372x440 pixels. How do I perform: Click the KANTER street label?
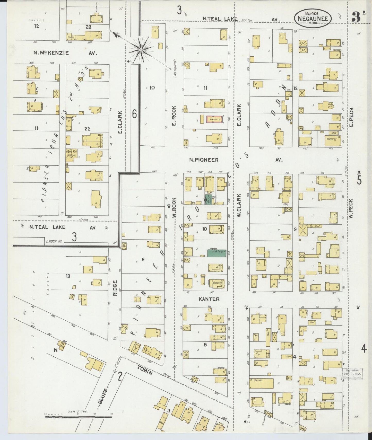click(x=209, y=299)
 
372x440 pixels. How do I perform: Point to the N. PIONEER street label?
click(x=204, y=160)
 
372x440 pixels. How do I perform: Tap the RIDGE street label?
click(x=115, y=288)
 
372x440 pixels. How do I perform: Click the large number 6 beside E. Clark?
click(x=134, y=114)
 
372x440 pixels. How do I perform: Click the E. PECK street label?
click(x=352, y=117)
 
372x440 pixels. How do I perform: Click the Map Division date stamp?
click(x=352, y=373)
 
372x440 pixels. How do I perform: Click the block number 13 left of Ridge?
click(x=68, y=276)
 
